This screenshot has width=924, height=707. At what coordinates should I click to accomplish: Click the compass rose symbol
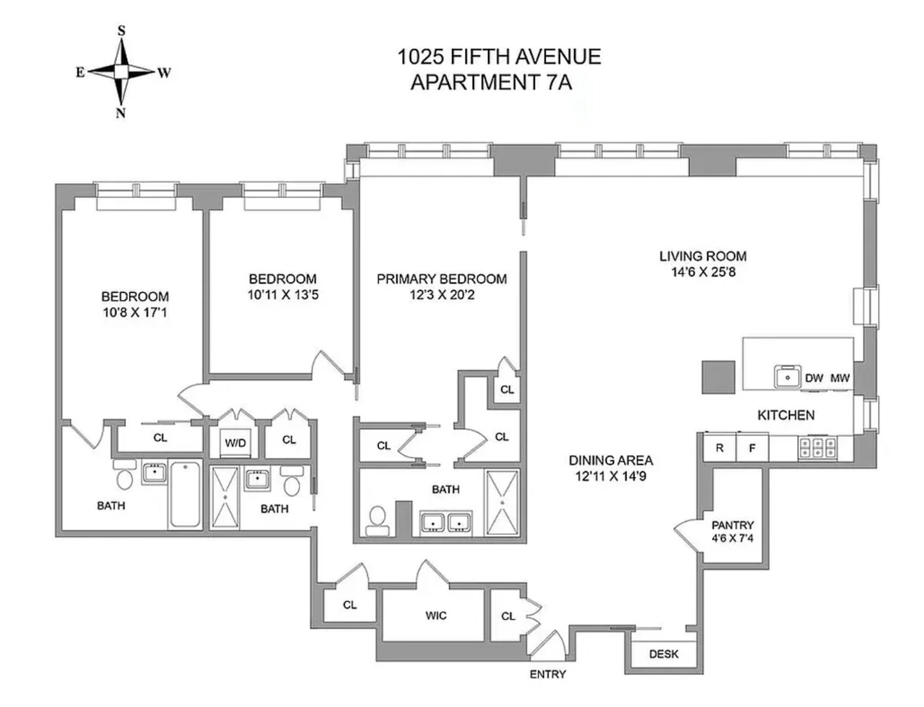(121, 72)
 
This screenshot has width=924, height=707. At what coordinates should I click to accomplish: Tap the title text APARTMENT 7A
(491, 83)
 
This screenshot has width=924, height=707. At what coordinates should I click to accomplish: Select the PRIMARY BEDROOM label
(442, 279)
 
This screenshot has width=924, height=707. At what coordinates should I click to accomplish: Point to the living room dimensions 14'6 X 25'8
(703, 272)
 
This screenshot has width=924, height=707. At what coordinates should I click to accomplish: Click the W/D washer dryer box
(236, 443)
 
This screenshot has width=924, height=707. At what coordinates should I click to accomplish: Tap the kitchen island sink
(788, 377)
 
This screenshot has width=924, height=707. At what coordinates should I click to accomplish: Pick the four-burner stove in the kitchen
(817, 448)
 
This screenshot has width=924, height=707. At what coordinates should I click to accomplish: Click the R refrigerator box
(720, 448)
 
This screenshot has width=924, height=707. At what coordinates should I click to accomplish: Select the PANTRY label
(732, 525)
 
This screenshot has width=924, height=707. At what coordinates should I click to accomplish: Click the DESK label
(664, 654)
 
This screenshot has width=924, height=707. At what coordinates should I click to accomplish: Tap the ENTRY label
(547, 674)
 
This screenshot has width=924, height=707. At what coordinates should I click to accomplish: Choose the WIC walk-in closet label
(435, 616)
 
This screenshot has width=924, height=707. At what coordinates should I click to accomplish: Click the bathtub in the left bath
(185, 494)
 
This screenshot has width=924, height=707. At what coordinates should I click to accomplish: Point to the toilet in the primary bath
(377, 519)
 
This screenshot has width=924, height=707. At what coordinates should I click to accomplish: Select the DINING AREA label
(610, 460)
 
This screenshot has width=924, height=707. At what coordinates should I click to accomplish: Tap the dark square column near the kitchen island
(718, 377)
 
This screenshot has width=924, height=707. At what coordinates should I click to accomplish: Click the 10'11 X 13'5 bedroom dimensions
(283, 295)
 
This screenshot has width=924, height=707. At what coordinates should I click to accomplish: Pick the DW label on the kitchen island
(814, 378)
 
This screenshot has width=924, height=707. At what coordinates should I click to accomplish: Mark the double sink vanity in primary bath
(446, 523)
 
